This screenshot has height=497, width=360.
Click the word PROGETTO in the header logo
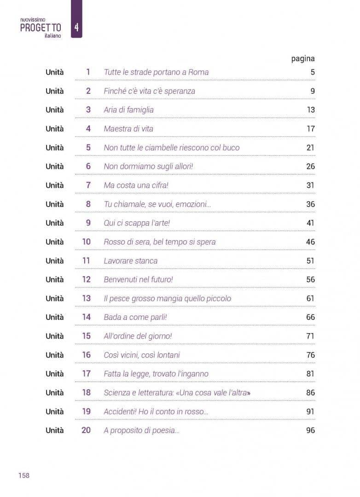[41, 28]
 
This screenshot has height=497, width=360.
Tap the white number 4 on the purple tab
[76, 27]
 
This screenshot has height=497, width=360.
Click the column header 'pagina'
[303, 58]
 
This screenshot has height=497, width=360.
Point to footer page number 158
[24, 475]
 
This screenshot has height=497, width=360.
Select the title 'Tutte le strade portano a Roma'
[156, 72]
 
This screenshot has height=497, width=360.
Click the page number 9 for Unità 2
[313, 91]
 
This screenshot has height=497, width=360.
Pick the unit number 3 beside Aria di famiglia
[88, 110]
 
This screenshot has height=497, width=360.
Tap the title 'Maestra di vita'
[128, 129]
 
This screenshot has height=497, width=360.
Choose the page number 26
[311, 167]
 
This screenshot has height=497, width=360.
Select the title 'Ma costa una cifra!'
[136, 185]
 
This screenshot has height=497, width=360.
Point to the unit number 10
[86, 242]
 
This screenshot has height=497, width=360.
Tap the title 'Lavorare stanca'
[130, 261]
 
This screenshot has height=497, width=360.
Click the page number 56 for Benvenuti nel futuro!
[311, 280]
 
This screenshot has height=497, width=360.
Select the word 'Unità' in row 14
[55, 317]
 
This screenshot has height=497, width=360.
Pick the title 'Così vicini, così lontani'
[142, 355]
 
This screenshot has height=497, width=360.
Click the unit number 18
[86, 393]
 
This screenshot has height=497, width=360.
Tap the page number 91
[310, 411]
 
